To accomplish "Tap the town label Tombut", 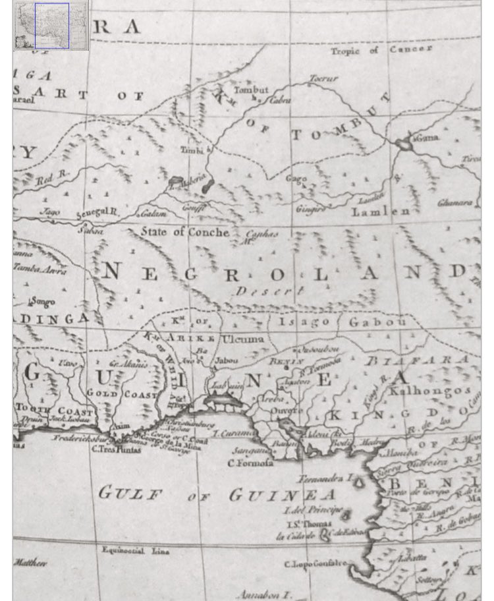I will coord(251,90).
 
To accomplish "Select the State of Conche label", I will coord(184,232).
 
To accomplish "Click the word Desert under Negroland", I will coord(269,291).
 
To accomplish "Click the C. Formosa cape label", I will coord(250,463).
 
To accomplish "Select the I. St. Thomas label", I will coord(303,524).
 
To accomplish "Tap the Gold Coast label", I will coord(121,394).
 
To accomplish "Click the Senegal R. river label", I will coord(97,213).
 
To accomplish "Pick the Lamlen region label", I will coord(381,211).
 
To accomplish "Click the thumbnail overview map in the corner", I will coord(51,25).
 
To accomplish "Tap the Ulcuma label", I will coord(244,339).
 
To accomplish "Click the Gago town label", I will coord(296,179).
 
